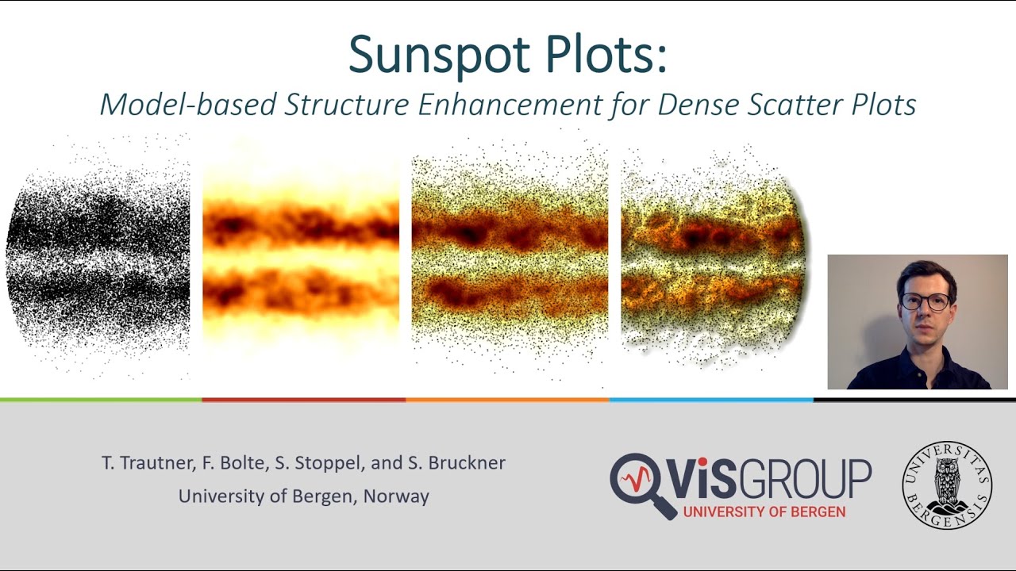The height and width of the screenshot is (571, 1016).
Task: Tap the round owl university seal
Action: point(947,485)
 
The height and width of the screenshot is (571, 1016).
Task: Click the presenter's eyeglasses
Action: point(925,301)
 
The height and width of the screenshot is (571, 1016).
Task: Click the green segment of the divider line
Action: point(101,400)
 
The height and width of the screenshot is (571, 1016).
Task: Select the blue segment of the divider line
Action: point(711,400)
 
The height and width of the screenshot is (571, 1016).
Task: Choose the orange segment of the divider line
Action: point(508,400)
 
